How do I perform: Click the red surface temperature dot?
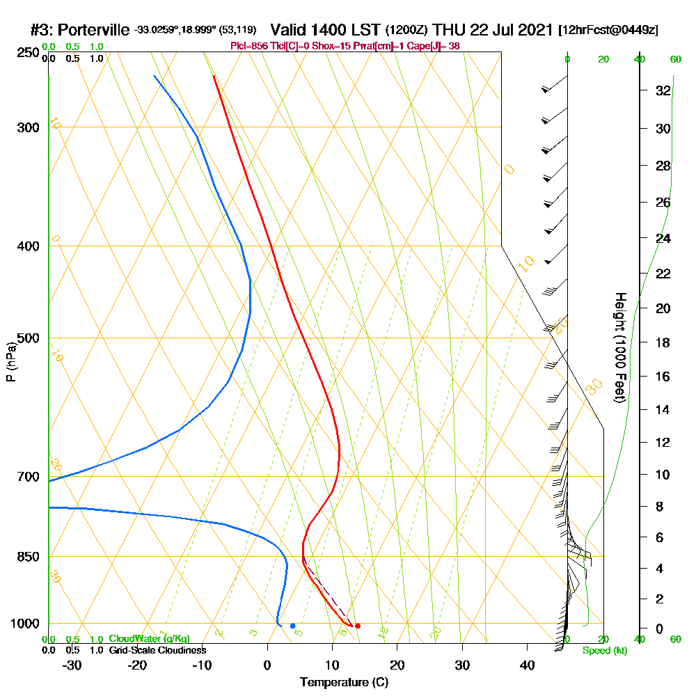(358, 626)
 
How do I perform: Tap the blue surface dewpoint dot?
(292, 626)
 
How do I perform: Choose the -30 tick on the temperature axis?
(72, 665)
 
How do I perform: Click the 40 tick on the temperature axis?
(527, 665)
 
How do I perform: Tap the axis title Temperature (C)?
(344, 682)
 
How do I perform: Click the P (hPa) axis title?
(10, 361)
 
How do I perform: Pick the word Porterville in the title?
(94, 30)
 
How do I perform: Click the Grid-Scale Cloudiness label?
(157, 650)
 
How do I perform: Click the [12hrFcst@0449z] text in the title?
(608, 31)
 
